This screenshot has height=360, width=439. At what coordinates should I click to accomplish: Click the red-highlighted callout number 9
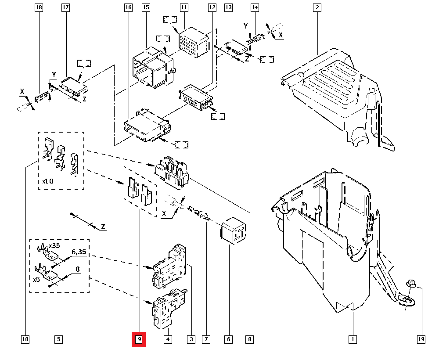[x=139, y=339]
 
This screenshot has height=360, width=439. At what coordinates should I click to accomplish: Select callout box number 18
[x=39, y=7]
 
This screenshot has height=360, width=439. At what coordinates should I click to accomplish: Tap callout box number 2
[x=317, y=7]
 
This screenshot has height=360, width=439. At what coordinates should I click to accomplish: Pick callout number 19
[x=421, y=339]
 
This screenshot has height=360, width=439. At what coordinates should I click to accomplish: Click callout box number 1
[x=353, y=339]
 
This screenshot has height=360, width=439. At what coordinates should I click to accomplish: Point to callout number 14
[x=255, y=7]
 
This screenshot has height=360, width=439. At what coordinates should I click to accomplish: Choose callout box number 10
[x=25, y=339]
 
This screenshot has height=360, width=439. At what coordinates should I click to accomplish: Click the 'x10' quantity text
[x=47, y=181]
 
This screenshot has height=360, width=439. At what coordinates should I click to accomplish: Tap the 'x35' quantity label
[x=54, y=245]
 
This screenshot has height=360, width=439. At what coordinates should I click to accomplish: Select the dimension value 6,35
[x=79, y=252]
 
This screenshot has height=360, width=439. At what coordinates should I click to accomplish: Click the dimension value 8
[x=78, y=269]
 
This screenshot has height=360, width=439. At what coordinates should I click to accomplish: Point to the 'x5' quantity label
[x=36, y=279]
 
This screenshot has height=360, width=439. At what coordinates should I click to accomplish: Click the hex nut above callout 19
[x=410, y=284]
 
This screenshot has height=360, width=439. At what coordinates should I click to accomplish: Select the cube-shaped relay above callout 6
[x=233, y=231]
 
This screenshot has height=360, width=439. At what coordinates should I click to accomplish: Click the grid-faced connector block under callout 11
[x=194, y=43]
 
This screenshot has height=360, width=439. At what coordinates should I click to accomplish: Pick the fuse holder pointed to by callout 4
[x=168, y=308]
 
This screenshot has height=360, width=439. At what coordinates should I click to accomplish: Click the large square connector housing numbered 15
[x=153, y=67]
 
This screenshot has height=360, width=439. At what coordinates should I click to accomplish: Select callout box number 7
[x=206, y=339]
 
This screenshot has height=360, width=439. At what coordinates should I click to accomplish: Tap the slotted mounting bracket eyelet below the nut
[x=407, y=301]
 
